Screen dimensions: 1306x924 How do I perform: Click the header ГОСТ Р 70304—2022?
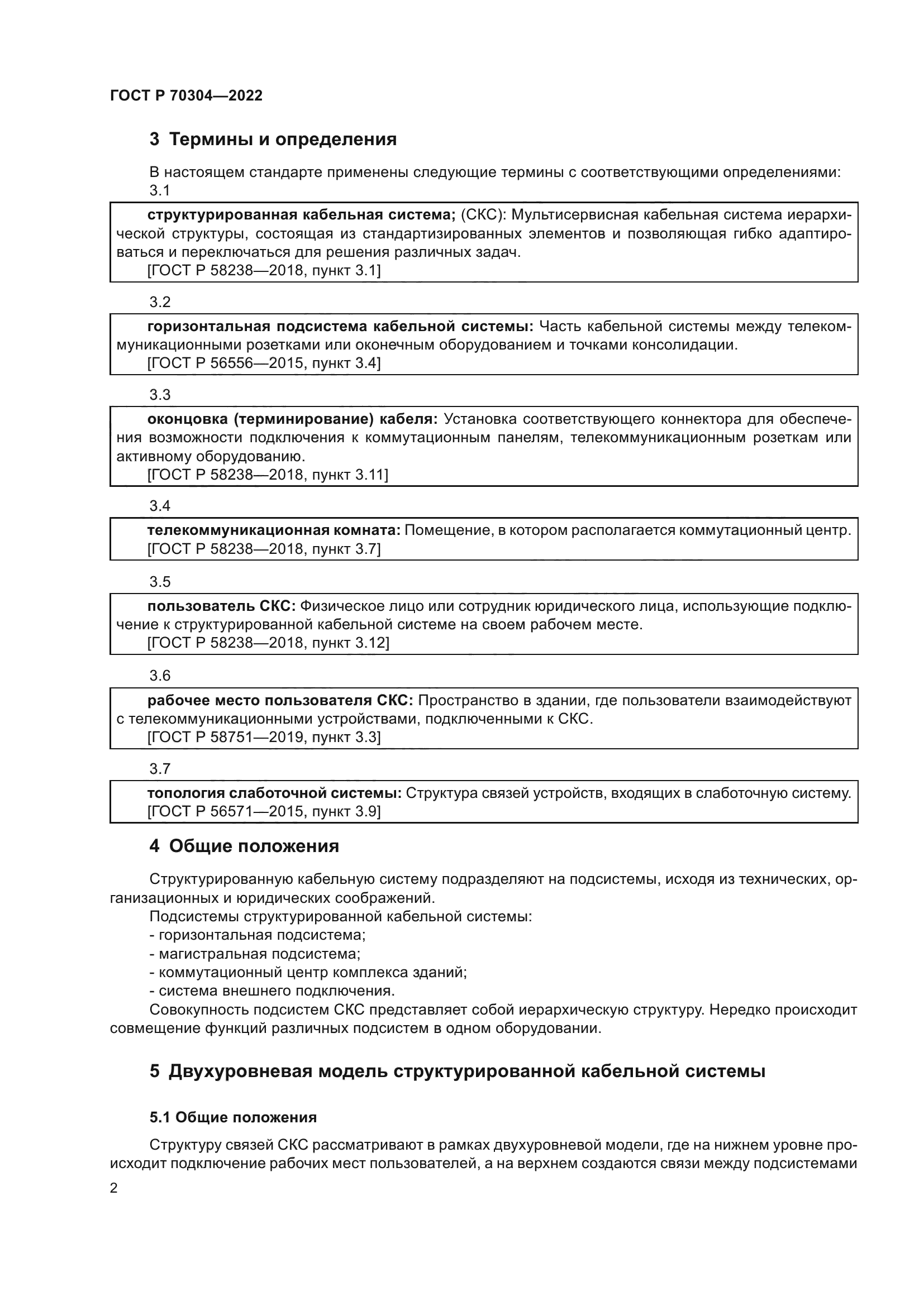[x=186, y=95]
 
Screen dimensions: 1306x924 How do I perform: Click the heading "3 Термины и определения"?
[x=273, y=140]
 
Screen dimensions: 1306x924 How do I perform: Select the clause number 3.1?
[x=160, y=190]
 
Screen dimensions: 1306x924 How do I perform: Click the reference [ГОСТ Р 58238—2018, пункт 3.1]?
[x=264, y=270]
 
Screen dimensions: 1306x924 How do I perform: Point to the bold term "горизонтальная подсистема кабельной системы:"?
[x=340, y=327]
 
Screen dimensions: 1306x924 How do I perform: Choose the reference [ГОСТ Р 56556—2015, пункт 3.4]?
[x=264, y=363]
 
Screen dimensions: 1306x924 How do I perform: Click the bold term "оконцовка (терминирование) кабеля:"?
[x=292, y=419]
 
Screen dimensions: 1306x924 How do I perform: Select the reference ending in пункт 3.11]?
[x=268, y=475]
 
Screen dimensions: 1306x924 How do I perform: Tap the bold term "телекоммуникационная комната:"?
[x=274, y=530]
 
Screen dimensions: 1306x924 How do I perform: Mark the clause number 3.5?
[x=160, y=582]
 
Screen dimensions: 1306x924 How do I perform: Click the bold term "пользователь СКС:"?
[x=222, y=606]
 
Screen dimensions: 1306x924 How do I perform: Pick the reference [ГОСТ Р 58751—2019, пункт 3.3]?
[x=264, y=737]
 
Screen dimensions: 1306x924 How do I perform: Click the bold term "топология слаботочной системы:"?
[x=274, y=793]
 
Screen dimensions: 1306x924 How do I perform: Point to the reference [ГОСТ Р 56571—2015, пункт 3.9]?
[x=264, y=811]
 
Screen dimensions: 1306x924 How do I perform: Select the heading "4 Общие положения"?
[x=244, y=846]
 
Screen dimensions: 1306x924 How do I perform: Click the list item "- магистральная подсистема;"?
[x=255, y=954]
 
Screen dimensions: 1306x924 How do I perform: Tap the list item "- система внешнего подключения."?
[x=272, y=991]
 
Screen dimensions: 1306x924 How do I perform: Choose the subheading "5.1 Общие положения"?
[x=233, y=1118]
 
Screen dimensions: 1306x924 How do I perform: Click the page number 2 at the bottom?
[x=114, y=1188]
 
